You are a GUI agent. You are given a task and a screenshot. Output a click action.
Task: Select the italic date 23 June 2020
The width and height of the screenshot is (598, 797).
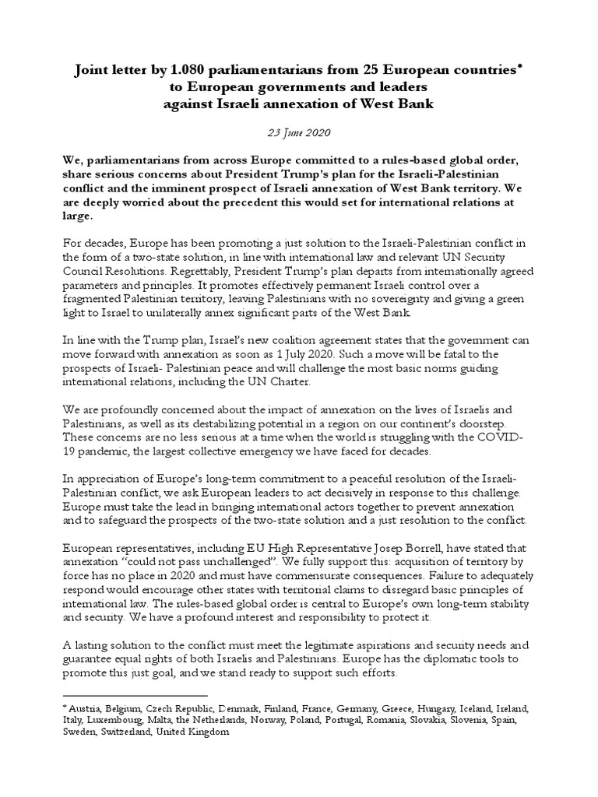[x=298, y=133]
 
